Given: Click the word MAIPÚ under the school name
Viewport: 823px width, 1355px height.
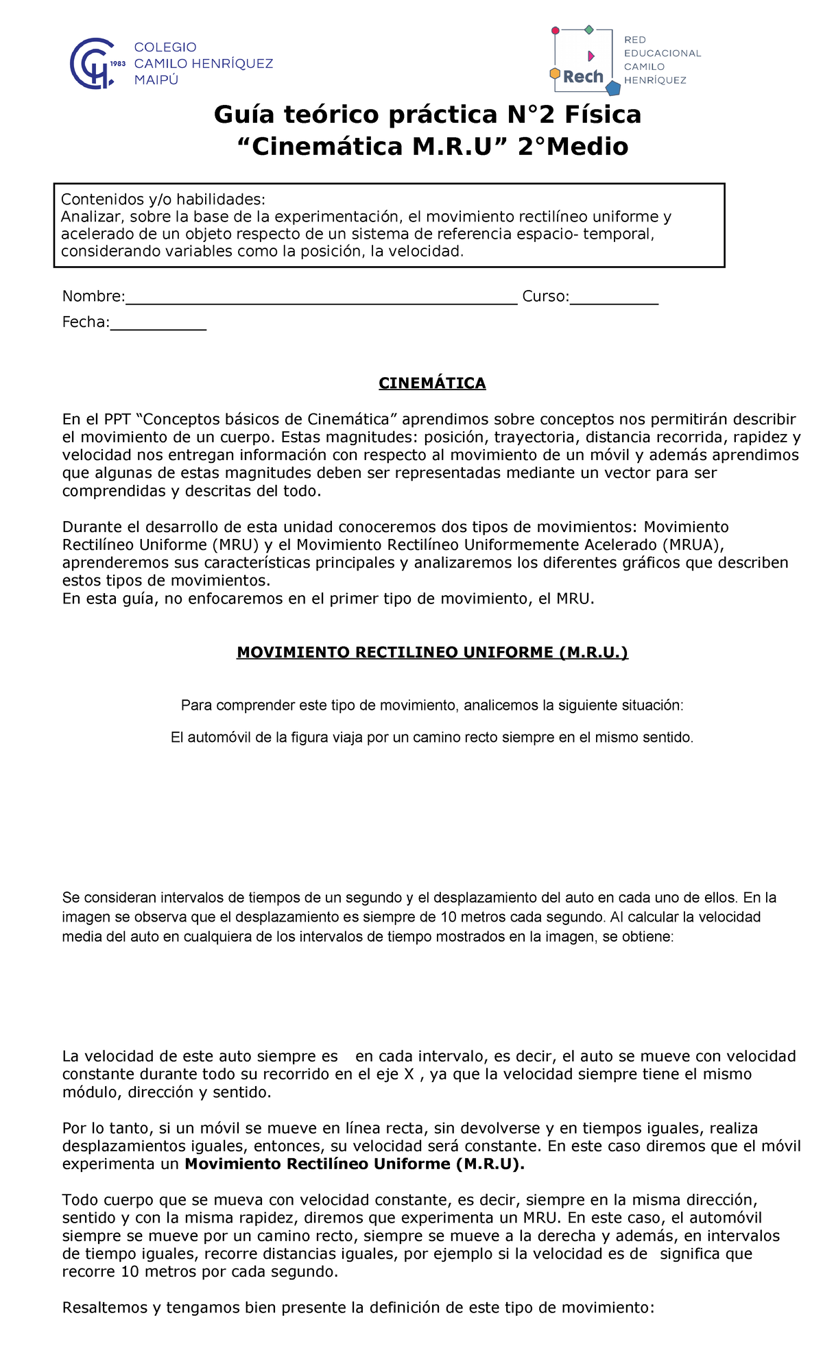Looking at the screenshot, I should click(x=156, y=80).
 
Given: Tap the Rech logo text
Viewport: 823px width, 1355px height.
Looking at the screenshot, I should click(x=583, y=77).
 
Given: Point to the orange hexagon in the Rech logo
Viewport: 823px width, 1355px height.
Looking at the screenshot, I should click(x=555, y=73).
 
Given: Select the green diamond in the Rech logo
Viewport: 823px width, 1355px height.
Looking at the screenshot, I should click(x=588, y=29).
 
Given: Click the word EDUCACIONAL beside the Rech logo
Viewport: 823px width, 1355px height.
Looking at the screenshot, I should click(x=662, y=53).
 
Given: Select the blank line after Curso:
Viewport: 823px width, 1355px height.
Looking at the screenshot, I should click(x=614, y=296).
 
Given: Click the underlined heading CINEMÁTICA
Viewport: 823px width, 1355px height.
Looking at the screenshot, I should click(x=432, y=383).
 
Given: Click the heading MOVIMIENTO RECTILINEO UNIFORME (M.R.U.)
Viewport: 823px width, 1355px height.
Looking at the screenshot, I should click(x=432, y=652).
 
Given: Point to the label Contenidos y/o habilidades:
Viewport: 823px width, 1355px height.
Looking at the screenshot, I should click(x=163, y=200).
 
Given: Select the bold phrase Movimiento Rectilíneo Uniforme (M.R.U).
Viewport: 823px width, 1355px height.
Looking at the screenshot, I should click(x=355, y=1164).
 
